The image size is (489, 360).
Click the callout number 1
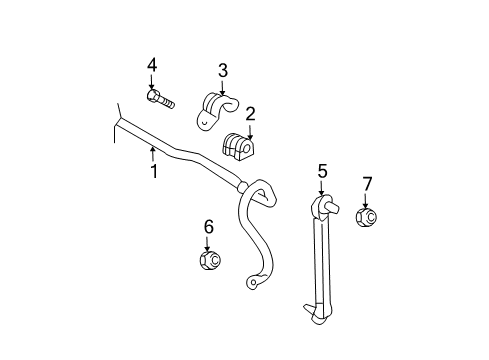tap(154, 172)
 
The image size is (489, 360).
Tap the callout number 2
tap(250, 114)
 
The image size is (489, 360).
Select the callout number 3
tap(223, 70)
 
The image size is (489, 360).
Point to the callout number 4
tap(152, 65)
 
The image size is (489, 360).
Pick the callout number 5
tap(322, 171)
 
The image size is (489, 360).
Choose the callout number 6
tap(208, 227)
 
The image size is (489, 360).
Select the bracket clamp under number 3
tap(217, 110)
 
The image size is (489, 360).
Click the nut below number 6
tap(209, 261)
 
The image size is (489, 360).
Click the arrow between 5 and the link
tap(322, 188)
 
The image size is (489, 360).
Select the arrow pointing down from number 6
tap(208, 243)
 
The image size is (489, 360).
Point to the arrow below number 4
tap(152, 82)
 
